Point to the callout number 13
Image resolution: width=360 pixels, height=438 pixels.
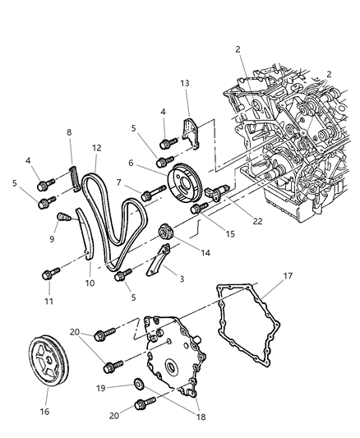click(x=185, y=85)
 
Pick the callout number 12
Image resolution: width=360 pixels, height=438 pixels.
click(x=97, y=148)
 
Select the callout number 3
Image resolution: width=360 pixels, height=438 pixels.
click(x=181, y=279)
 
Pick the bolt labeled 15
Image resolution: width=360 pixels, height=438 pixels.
click(x=198, y=210)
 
